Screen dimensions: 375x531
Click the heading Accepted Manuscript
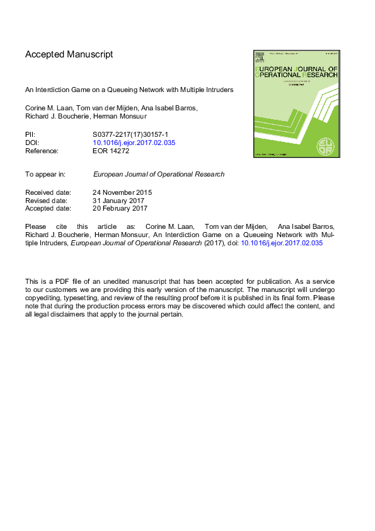(x=69, y=54)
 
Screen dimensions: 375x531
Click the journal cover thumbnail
(x=296, y=104)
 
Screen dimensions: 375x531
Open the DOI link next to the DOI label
(x=134, y=143)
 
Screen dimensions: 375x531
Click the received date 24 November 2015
(x=122, y=192)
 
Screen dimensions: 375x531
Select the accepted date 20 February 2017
(x=120, y=208)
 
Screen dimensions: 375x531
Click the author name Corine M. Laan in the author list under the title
(x=49, y=108)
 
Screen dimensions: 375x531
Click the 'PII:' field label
(x=30, y=134)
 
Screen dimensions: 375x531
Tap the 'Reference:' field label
(x=42, y=151)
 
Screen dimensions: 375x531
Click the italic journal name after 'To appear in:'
(x=158, y=174)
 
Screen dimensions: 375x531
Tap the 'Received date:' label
(x=48, y=192)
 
